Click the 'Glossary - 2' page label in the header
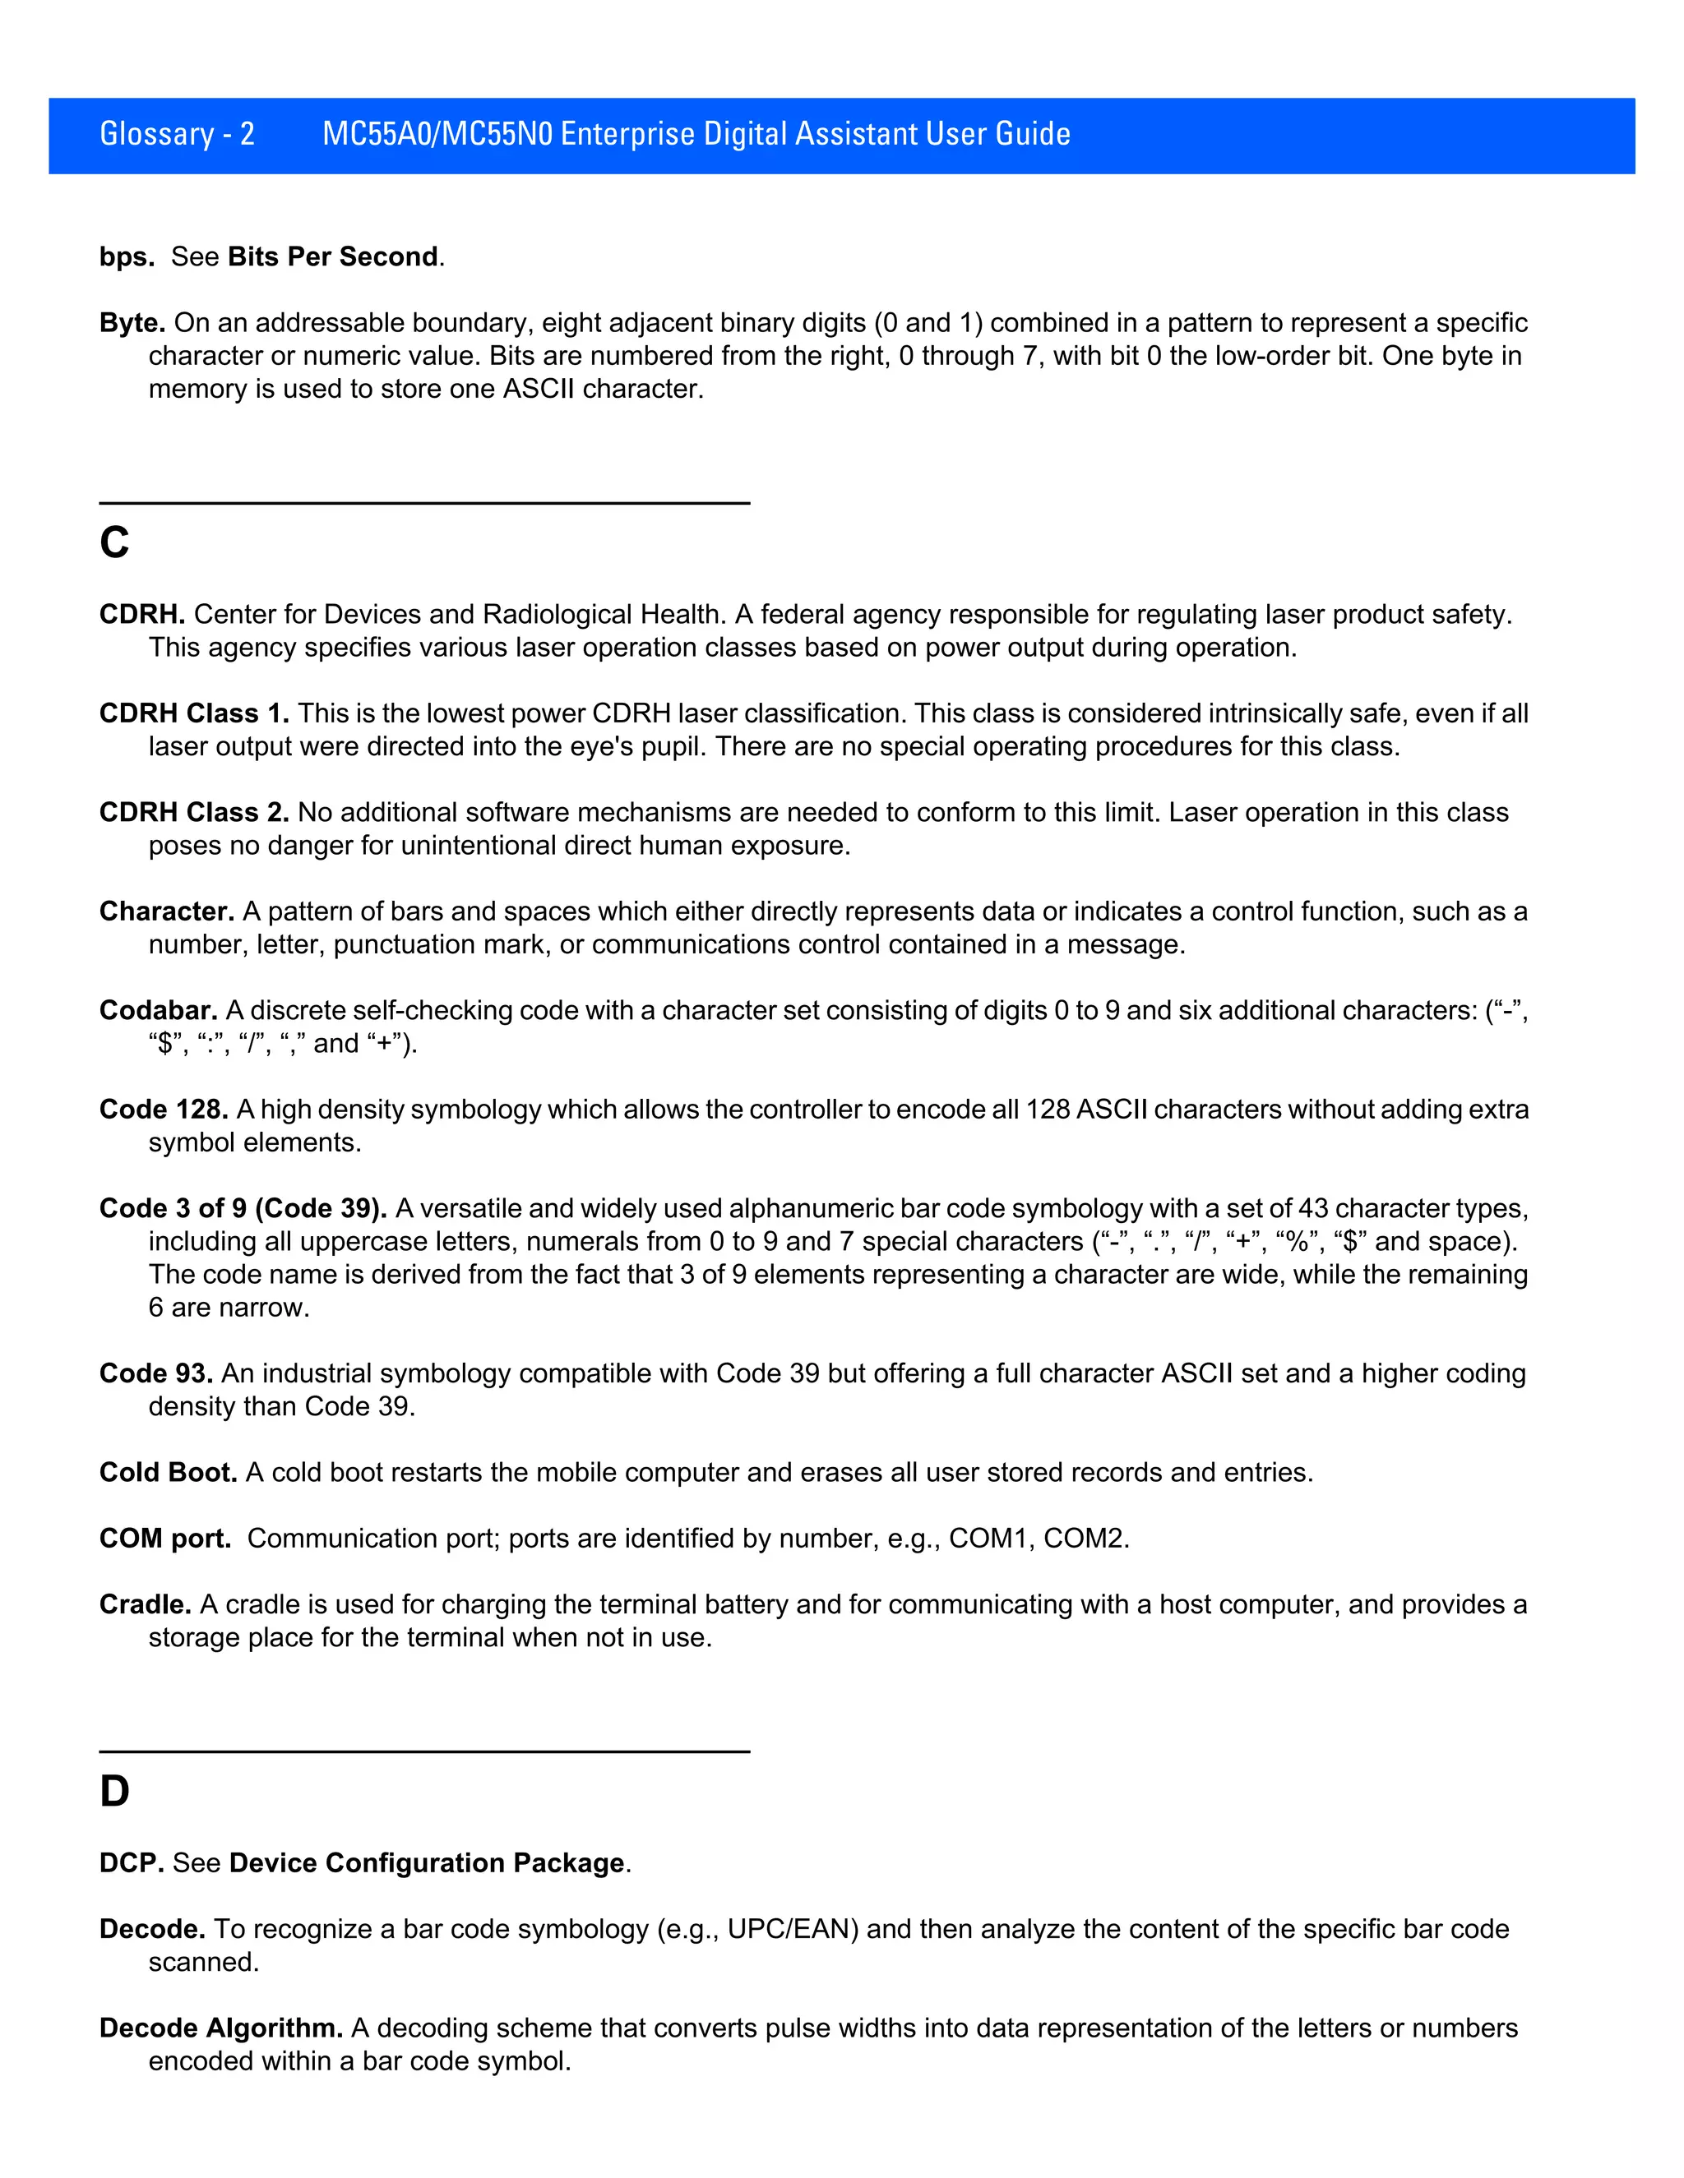click(x=178, y=134)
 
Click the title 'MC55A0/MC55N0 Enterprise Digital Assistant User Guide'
click(x=696, y=134)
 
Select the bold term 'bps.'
click(x=127, y=257)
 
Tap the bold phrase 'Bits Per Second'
click(x=332, y=257)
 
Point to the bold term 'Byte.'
click(x=132, y=323)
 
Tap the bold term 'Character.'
click(x=167, y=911)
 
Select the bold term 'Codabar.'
click(x=158, y=1010)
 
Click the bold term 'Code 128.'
click(x=164, y=1109)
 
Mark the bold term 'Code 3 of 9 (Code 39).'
click(x=243, y=1209)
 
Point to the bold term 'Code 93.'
click(x=155, y=1373)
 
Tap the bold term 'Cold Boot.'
click(x=168, y=1472)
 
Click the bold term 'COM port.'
click(x=164, y=1539)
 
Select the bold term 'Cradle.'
click(x=145, y=1604)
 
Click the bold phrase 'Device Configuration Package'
click(x=426, y=1863)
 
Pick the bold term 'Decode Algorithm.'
click(x=220, y=2028)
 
